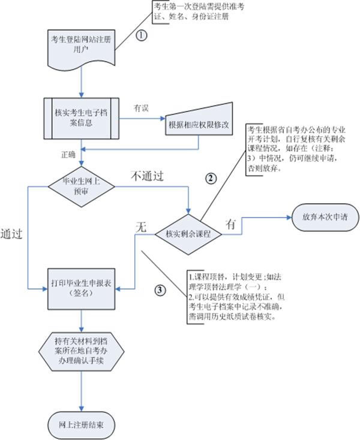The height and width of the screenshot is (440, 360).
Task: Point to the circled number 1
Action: [142, 35]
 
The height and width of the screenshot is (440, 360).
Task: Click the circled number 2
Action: [211, 177]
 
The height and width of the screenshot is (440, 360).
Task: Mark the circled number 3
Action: [160, 290]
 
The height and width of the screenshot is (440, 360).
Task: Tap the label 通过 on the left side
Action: [12, 233]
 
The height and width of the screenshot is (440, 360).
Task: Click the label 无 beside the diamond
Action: [140, 227]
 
